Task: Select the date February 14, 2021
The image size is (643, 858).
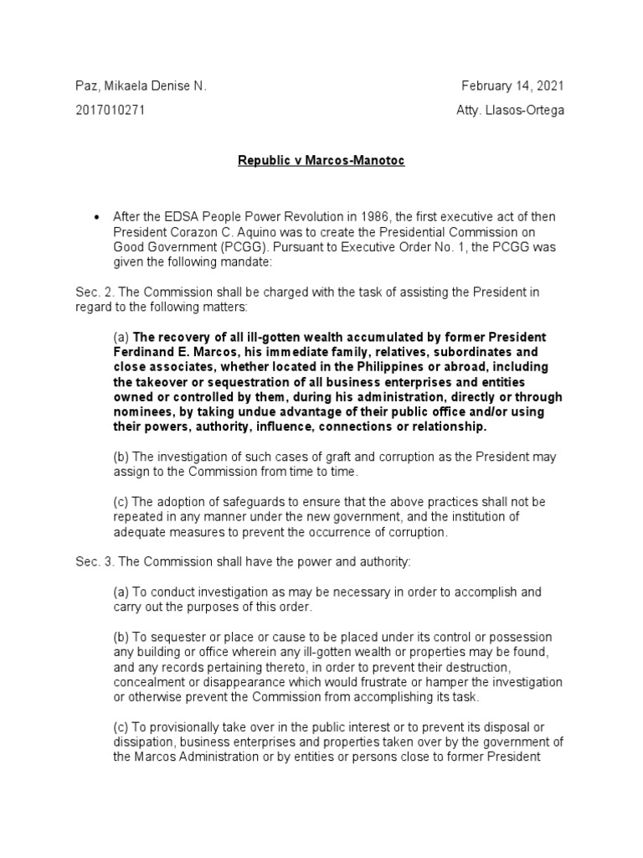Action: [x=512, y=86]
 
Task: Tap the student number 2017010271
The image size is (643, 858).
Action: [x=111, y=111]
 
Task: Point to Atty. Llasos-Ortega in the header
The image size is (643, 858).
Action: [x=507, y=111]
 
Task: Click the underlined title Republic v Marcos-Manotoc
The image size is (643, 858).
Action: [x=321, y=160]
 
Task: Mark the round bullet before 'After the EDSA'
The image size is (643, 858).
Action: [x=96, y=218]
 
